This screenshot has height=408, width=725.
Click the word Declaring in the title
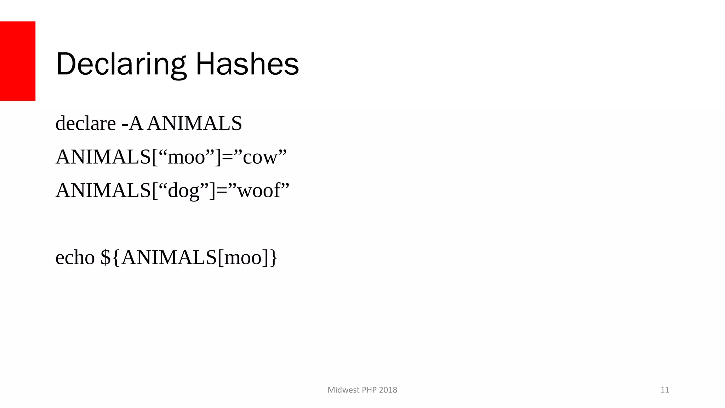[x=120, y=64]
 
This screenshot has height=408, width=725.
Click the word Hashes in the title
[x=247, y=64]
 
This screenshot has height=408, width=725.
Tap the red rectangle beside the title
[x=18, y=61]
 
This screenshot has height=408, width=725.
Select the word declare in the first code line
[x=86, y=124]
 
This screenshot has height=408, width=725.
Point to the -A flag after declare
[x=132, y=124]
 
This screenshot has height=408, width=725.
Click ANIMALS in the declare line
[x=195, y=124]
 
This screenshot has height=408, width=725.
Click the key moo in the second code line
[x=187, y=157]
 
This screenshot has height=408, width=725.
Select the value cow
[x=260, y=157]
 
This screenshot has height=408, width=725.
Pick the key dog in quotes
[x=183, y=191]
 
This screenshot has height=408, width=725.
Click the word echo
[x=75, y=257]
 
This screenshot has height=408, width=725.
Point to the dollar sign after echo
[x=105, y=257]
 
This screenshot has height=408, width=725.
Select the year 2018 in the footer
[x=388, y=390]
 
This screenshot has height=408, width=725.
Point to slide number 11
[x=665, y=390]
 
